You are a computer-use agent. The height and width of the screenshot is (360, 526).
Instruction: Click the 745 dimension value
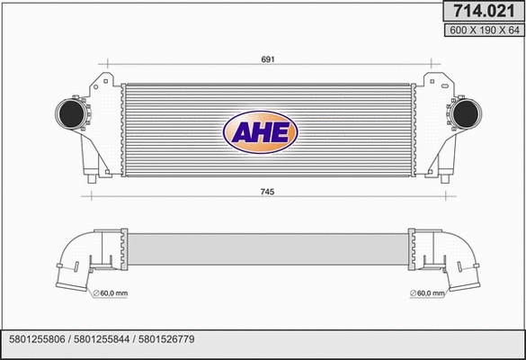[x=266, y=193]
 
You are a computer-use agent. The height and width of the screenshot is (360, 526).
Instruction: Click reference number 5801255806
[x=38, y=339]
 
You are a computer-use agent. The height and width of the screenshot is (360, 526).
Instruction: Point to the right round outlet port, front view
[x=467, y=114]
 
